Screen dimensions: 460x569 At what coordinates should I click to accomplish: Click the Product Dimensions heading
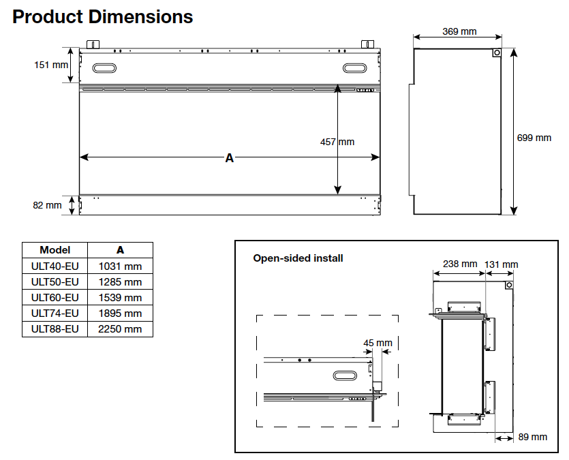(x=103, y=16)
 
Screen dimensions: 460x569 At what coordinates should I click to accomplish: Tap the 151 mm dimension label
(x=52, y=65)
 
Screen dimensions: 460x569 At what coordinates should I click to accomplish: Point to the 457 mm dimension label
(x=337, y=142)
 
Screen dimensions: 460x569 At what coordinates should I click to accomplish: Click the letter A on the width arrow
(x=230, y=158)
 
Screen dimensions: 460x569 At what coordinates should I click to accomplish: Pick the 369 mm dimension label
(x=459, y=31)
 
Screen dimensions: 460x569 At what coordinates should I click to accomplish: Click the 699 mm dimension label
(x=534, y=138)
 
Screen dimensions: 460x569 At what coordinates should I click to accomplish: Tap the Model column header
(x=55, y=250)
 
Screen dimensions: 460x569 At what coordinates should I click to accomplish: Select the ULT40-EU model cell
(x=55, y=266)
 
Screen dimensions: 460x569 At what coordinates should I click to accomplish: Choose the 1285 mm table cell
(x=121, y=281)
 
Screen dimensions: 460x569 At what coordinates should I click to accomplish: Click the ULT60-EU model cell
(x=55, y=297)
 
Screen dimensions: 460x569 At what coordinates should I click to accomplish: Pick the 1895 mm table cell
(x=121, y=313)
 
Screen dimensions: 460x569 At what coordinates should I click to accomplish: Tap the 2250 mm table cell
(x=121, y=329)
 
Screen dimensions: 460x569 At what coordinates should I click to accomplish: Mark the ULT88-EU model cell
(x=55, y=329)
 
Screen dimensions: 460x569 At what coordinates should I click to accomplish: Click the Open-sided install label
(x=298, y=258)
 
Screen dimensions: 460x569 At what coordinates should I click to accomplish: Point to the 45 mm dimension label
(x=378, y=342)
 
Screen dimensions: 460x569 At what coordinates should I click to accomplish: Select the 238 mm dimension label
(x=460, y=264)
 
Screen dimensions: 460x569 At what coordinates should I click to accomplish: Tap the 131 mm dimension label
(x=502, y=264)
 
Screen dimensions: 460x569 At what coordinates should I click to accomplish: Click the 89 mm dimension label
(x=532, y=437)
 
